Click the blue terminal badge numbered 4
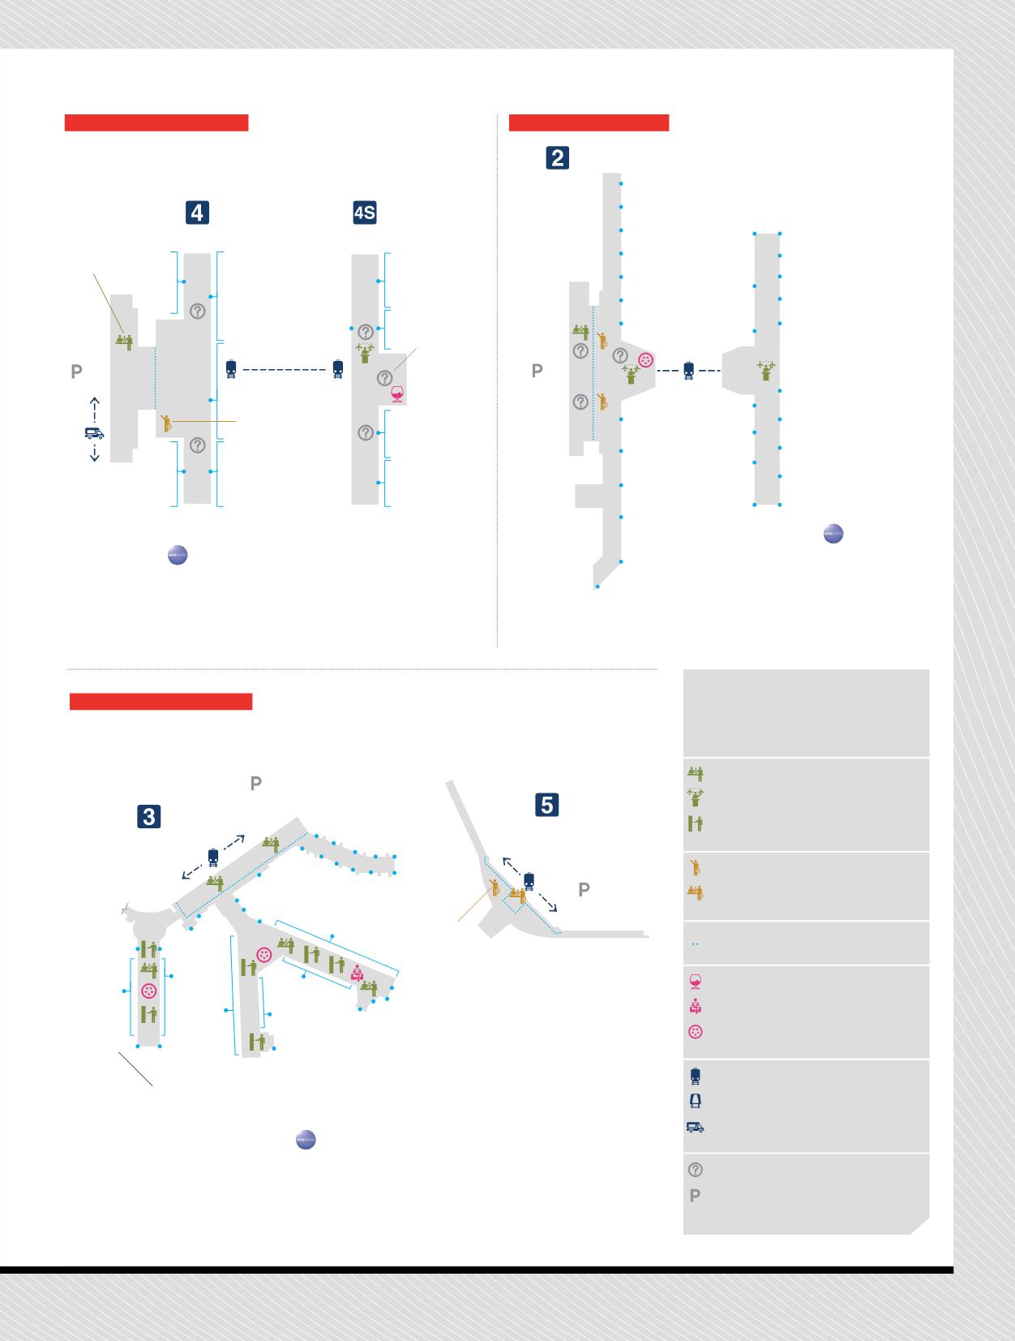(x=197, y=213)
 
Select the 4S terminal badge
(x=364, y=213)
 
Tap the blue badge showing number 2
(x=557, y=157)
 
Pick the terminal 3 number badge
(x=149, y=816)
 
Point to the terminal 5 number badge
(x=547, y=805)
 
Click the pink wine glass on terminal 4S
(x=397, y=394)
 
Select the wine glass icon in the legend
(x=695, y=981)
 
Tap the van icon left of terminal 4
(x=94, y=433)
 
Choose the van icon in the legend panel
(x=696, y=1127)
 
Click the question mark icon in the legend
(x=696, y=1169)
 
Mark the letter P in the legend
(x=695, y=1196)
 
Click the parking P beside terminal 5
(x=584, y=889)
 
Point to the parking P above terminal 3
(x=256, y=783)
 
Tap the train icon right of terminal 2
(x=688, y=370)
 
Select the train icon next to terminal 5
(x=529, y=882)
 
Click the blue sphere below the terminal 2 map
(x=833, y=533)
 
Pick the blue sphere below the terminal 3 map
(x=306, y=1139)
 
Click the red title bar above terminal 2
(x=589, y=122)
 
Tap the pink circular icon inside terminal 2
(x=645, y=360)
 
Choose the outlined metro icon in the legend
(x=696, y=1101)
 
